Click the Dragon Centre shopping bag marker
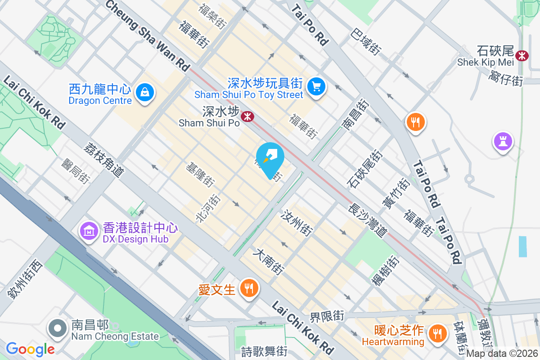pos(145,93)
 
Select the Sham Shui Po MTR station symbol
pos(247,117)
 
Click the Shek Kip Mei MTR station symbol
pos(522,55)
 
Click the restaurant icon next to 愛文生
pos(248,288)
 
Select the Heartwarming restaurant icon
pos(436,333)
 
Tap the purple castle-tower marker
pos(503,141)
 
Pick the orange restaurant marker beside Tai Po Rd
pos(415,122)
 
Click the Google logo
pos(30,349)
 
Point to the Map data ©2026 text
pos(502,354)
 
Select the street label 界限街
pos(327,316)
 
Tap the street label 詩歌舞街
pos(264,351)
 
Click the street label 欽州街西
pos(25,279)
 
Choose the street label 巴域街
pos(366,42)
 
